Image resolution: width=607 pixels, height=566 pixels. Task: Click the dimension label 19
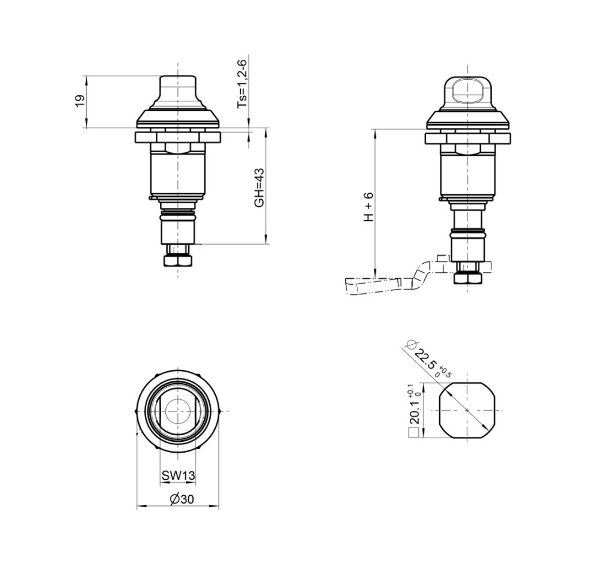click(79, 101)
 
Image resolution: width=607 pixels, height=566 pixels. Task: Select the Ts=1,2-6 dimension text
click(242, 84)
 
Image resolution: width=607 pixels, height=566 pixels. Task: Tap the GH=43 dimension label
click(259, 187)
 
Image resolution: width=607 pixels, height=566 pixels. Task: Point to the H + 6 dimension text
click(369, 207)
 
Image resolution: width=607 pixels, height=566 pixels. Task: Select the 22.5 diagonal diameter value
click(424, 359)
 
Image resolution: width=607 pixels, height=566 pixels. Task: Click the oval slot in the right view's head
click(467, 91)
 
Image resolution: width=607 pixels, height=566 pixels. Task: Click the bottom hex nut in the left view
click(177, 261)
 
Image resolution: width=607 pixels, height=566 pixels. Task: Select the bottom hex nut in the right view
click(467, 278)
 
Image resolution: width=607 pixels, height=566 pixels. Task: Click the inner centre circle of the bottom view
click(177, 411)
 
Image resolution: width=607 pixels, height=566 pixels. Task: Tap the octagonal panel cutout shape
click(467, 410)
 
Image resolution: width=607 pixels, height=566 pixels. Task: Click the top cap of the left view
click(177, 90)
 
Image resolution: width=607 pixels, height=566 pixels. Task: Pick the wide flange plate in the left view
click(177, 137)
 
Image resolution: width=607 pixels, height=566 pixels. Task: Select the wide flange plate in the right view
click(467, 139)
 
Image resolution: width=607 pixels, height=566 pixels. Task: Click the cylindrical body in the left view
click(177, 174)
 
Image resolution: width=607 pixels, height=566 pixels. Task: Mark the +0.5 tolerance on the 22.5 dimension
click(445, 371)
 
